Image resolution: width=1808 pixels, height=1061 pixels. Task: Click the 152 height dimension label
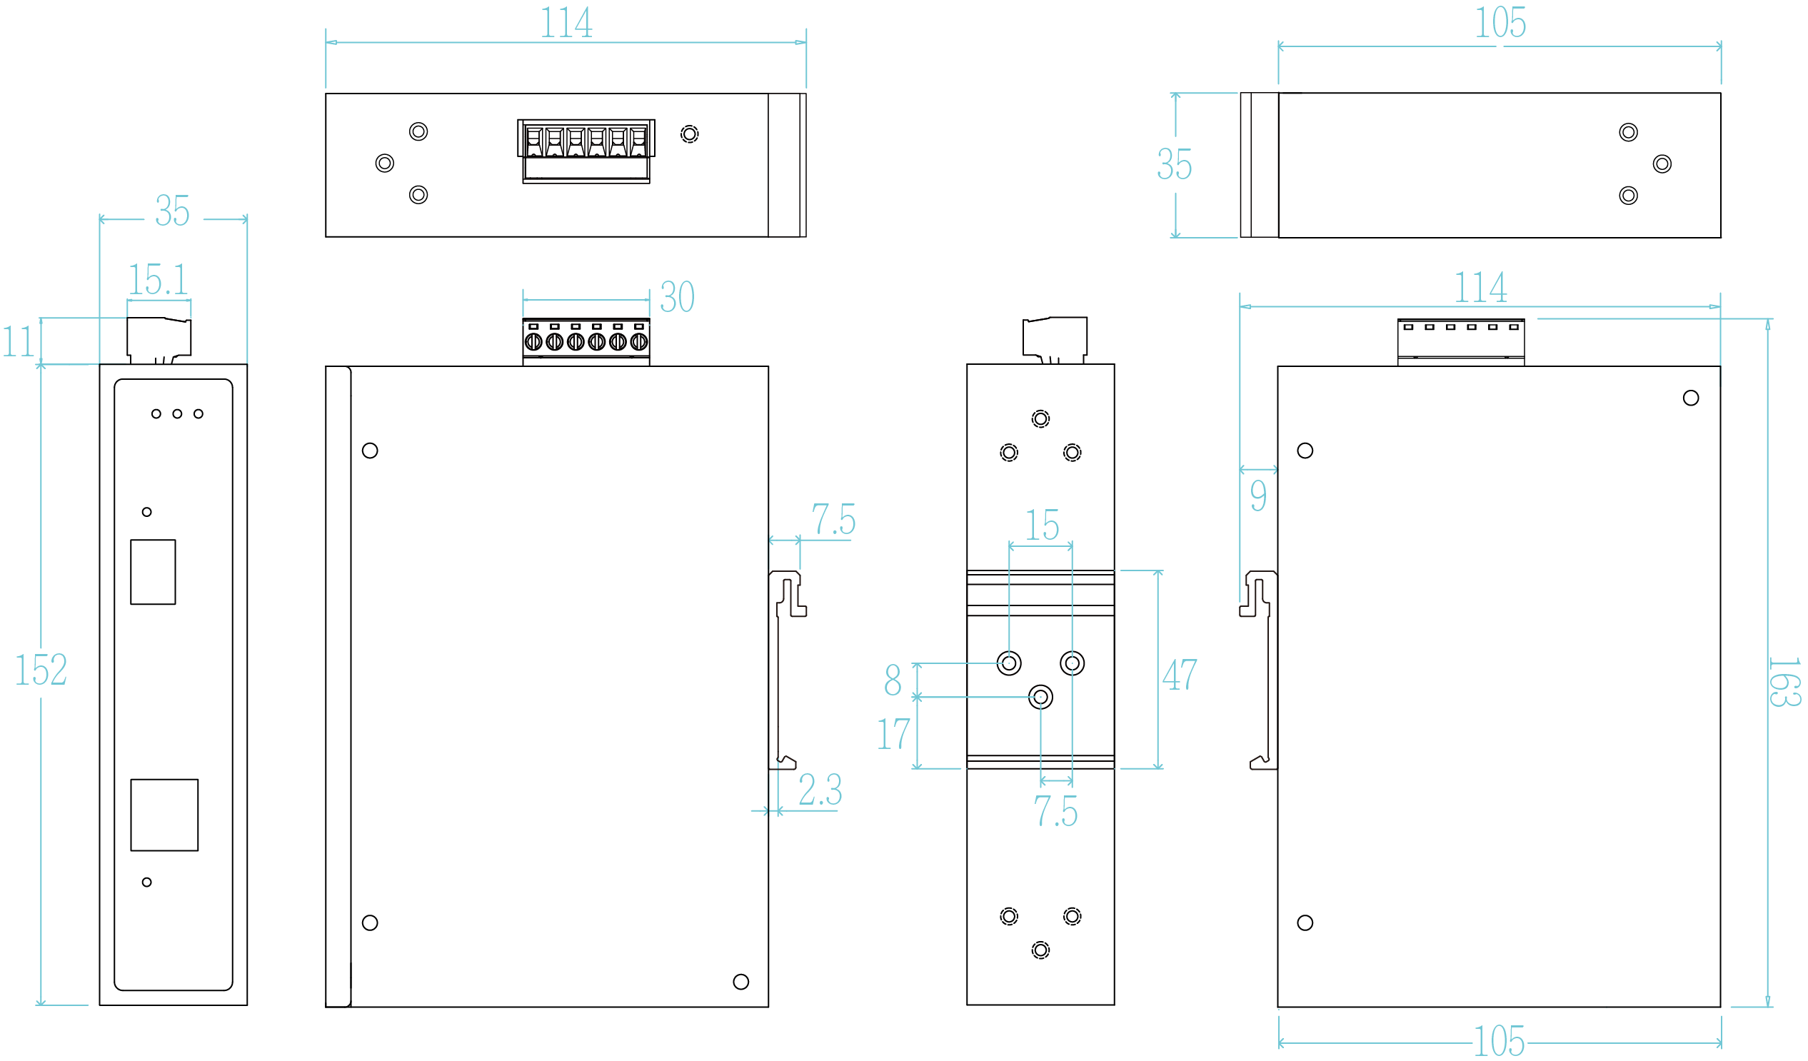click(41, 669)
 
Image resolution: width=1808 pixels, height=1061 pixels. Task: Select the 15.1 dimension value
click(158, 279)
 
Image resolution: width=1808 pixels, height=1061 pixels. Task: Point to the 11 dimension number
click(18, 341)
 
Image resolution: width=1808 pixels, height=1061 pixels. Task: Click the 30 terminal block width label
click(677, 296)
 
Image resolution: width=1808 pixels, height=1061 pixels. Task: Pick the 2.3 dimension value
click(820, 789)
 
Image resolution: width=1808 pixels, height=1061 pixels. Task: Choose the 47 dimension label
click(1180, 674)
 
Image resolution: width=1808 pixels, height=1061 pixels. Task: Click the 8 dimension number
click(893, 679)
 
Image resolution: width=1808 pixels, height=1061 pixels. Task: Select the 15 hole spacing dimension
click(1042, 525)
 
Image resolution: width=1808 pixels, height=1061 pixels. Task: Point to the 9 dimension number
click(1258, 495)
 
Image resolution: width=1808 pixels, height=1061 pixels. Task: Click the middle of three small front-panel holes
click(177, 414)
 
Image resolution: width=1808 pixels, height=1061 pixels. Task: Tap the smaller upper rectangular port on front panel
click(153, 572)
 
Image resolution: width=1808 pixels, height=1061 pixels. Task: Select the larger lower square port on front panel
click(164, 815)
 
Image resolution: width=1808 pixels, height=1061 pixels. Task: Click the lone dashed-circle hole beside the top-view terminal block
click(690, 134)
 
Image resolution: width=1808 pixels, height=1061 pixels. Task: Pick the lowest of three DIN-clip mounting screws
click(1040, 697)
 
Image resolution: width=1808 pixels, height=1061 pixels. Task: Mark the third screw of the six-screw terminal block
click(576, 342)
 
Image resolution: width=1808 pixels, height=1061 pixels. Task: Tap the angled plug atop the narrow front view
click(159, 337)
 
